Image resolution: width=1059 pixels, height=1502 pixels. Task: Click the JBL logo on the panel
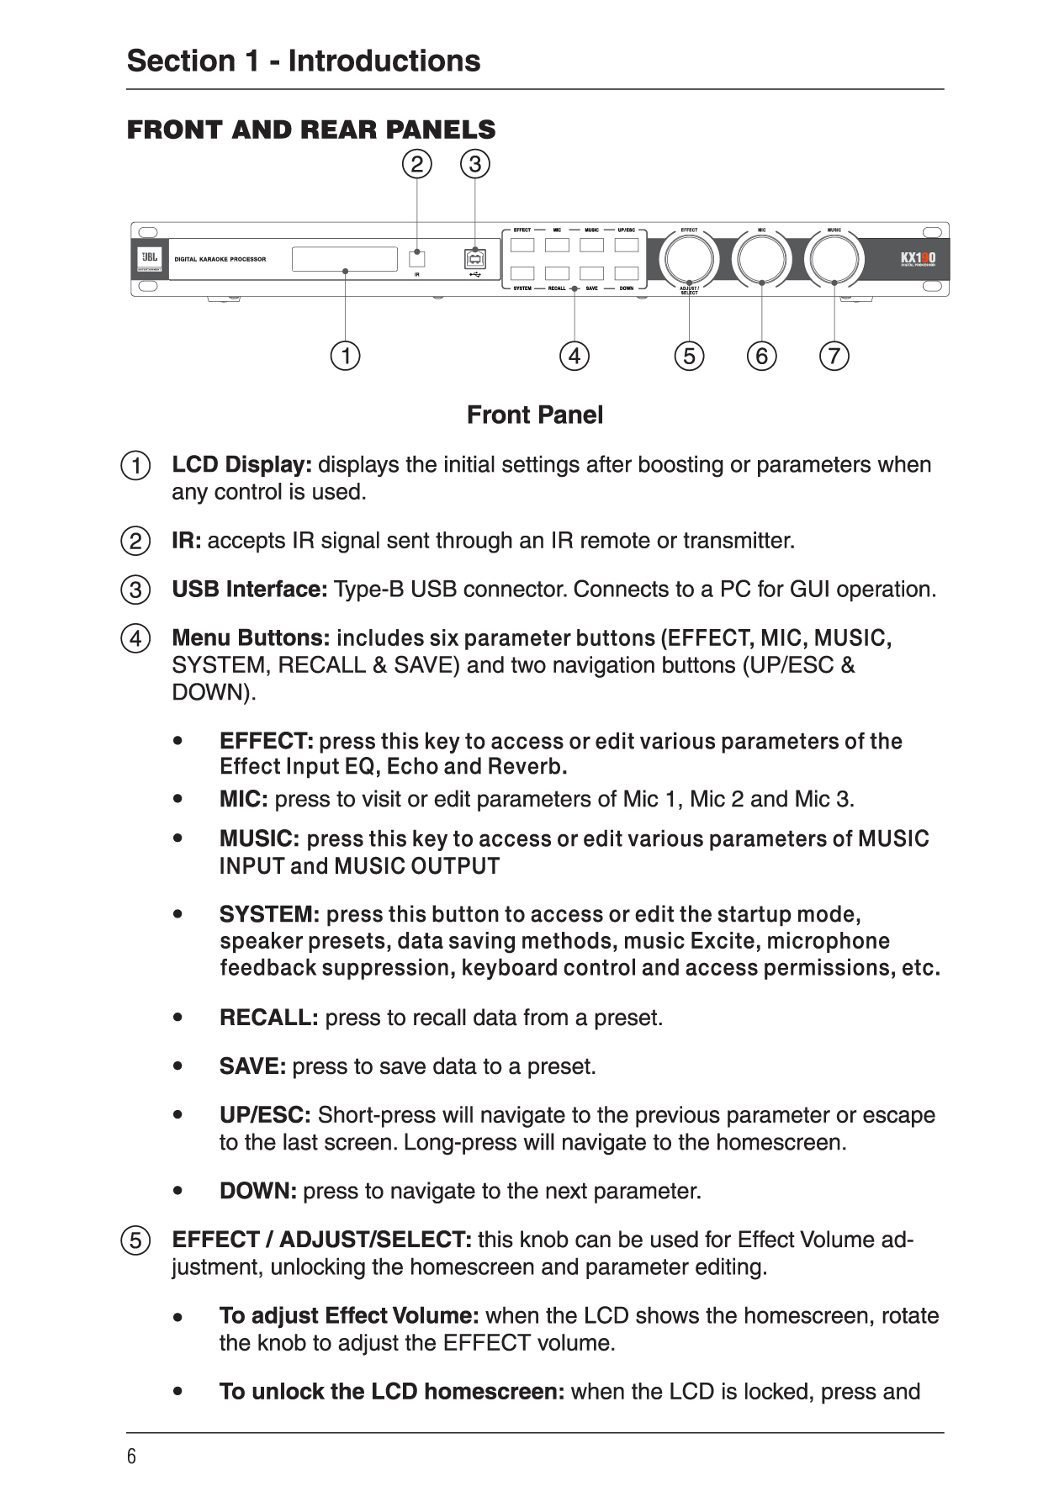pyautogui.click(x=150, y=259)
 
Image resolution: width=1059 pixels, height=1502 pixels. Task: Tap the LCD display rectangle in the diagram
pyautogui.click(x=345, y=259)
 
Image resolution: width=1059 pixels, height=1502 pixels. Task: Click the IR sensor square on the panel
pyautogui.click(x=417, y=259)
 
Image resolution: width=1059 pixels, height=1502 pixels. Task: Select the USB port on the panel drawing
pyautogui.click(x=475, y=259)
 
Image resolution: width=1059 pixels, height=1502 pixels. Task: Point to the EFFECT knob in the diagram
pyautogui.click(x=689, y=258)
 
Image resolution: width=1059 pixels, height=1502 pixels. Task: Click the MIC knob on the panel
pyautogui.click(x=761, y=258)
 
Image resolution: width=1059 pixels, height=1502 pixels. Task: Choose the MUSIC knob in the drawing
pyautogui.click(x=834, y=258)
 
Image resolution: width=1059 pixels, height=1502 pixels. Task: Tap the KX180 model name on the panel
pyautogui.click(x=918, y=258)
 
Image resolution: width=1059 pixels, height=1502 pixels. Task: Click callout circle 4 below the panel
pyautogui.click(x=574, y=356)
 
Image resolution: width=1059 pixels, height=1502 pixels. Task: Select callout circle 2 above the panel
pyautogui.click(x=416, y=163)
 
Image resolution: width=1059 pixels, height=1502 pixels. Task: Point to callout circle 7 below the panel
pyautogui.click(x=834, y=356)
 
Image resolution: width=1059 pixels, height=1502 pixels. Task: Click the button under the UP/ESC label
pyautogui.click(x=626, y=246)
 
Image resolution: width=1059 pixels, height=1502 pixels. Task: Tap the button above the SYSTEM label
pyautogui.click(x=522, y=273)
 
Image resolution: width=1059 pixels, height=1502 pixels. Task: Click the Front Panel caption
pyautogui.click(x=535, y=415)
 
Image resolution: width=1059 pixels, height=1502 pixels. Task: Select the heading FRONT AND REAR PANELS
pyautogui.click(x=311, y=130)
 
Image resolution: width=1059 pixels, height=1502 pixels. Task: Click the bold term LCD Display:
pyautogui.click(x=242, y=465)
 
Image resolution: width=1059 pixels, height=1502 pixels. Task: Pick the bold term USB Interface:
pyautogui.click(x=250, y=590)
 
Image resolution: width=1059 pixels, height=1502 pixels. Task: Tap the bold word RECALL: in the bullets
pyautogui.click(x=268, y=1018)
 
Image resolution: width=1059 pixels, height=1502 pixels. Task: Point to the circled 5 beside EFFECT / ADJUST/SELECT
pyautogui.click(x=135, y=1241)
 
